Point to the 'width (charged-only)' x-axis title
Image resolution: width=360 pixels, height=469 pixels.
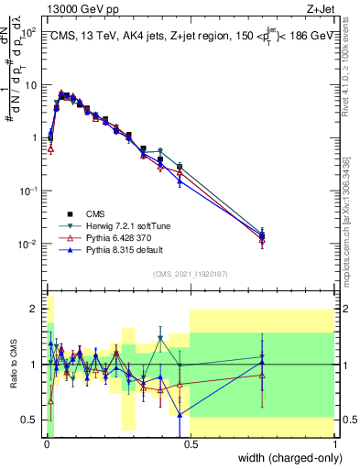[286, 458]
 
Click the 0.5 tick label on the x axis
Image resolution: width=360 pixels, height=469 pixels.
[190, 445]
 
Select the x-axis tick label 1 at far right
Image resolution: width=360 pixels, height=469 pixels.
[335, 445]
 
